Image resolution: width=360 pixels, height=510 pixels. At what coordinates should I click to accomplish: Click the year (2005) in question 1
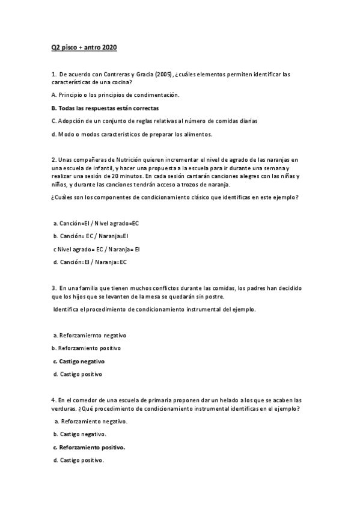point(163,75)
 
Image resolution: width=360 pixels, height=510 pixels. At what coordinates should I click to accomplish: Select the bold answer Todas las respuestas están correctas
point(105,108)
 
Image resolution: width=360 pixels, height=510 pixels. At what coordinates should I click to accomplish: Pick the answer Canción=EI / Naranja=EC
point(90,262)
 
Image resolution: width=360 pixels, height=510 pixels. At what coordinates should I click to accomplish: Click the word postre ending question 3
point(215,296)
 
